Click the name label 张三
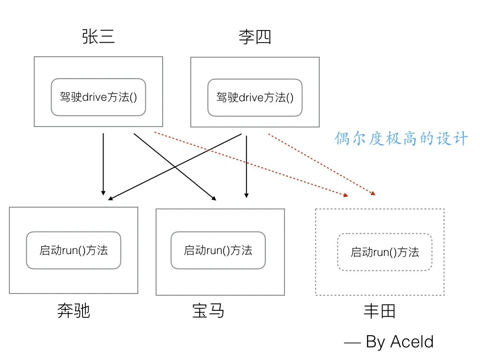pos(98,37)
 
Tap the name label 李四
pos(255,37)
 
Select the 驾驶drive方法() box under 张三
pos(98,97)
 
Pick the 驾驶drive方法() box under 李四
pos(255,97)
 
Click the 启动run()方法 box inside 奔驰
pos(74,250)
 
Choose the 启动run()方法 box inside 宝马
pos(218,250)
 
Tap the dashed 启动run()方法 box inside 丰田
pos(384,252)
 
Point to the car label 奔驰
pos(74,311)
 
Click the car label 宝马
pos(208,311)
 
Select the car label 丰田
pos(380,311)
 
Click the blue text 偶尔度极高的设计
pos(401,139)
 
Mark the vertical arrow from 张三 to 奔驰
pos(103,164)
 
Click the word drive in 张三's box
pos(96,97)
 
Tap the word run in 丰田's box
pos(381,253)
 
